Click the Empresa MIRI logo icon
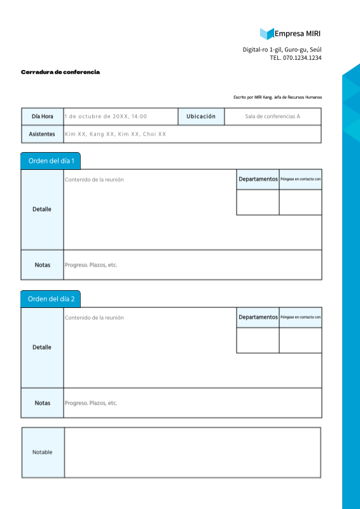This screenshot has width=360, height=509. coord(267,34)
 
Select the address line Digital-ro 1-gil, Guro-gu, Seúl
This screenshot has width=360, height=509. coord(282,50)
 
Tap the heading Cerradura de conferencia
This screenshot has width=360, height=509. coord(60,73)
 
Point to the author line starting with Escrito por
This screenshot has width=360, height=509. coord(277,97)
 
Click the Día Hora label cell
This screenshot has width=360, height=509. coord(43,116)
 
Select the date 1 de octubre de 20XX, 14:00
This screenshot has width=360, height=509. coord(106,116)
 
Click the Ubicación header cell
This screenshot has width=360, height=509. coord(201,116)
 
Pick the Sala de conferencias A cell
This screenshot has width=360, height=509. coord(272,116)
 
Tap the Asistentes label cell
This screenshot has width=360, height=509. coord(43,134)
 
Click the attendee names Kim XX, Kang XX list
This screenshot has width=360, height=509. coord(115,134)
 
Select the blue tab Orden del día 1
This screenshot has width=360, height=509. coord(51,161)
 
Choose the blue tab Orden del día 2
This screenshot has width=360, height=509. coord(51,299)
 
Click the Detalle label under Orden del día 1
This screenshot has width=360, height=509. coord(42,209)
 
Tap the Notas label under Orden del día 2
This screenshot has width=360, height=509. coord(43,403)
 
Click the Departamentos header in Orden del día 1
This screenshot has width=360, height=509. coord(258,179)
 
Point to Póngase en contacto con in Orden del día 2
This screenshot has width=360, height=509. coord(300,317)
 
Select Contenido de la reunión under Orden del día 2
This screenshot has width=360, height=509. coord(94,317)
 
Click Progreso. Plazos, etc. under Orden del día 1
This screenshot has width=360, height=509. coord(91,265)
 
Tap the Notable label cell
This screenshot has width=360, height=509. coord(43,452)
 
